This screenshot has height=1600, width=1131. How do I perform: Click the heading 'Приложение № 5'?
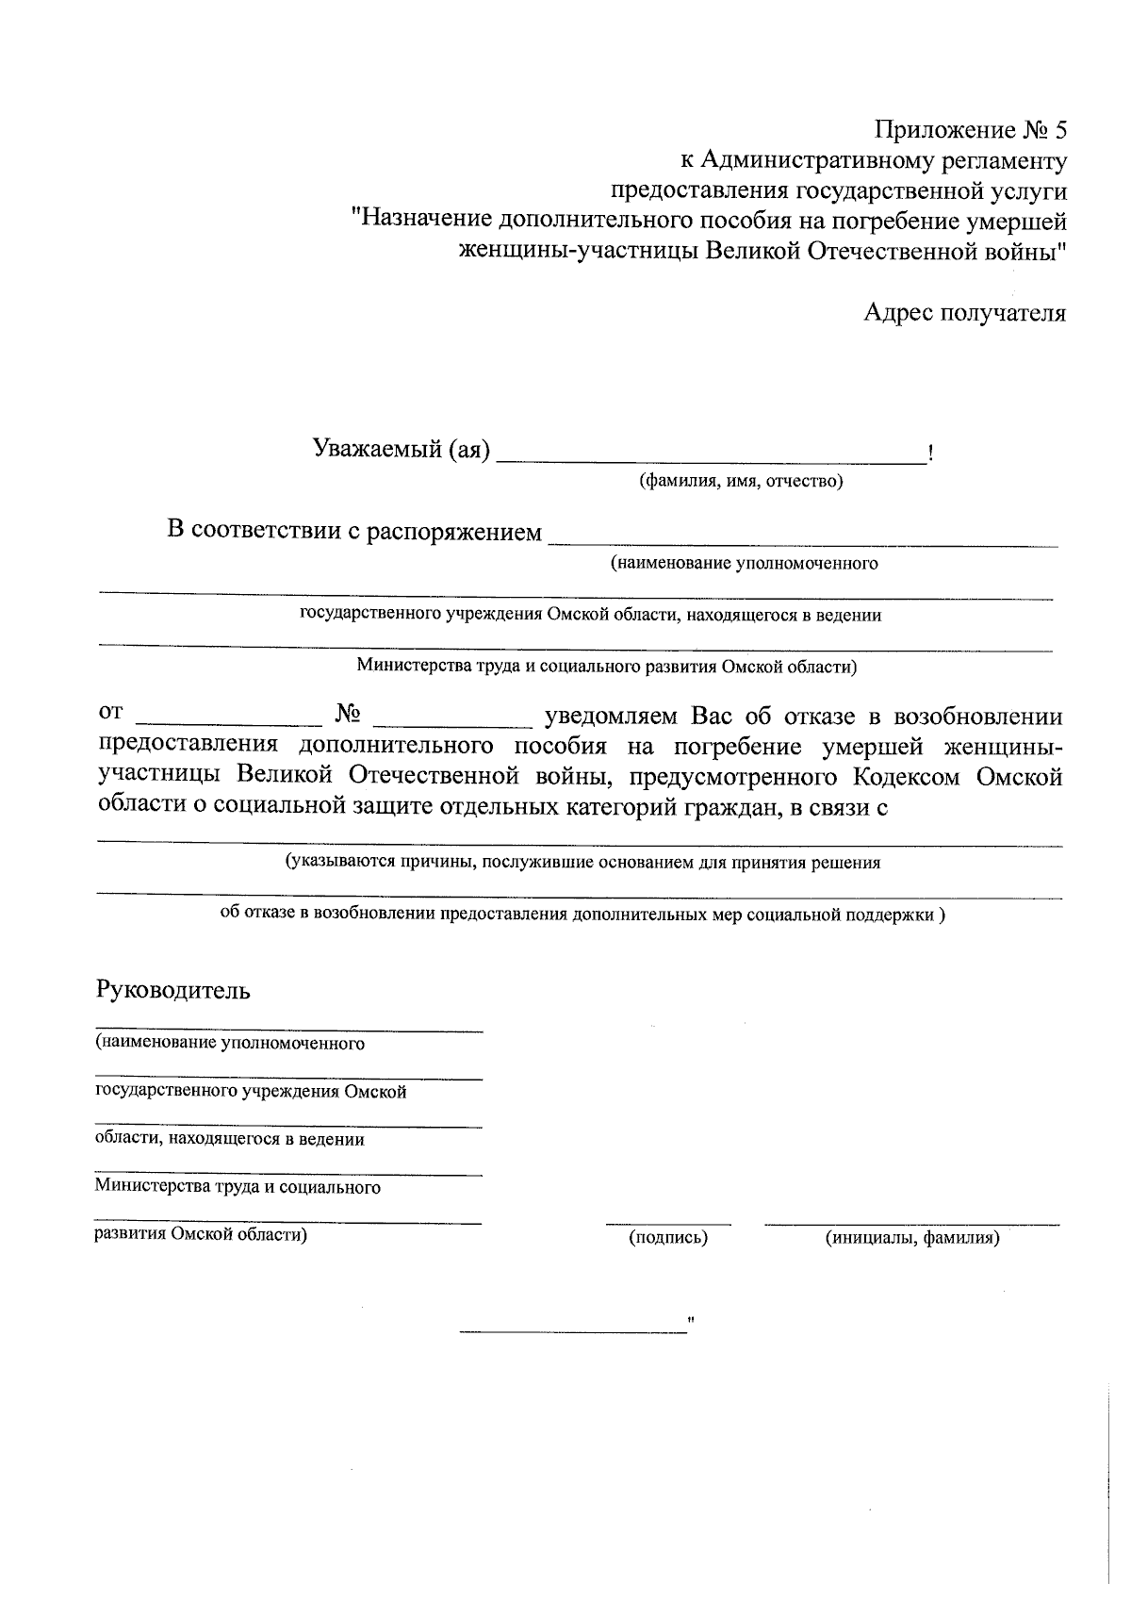point(970,130)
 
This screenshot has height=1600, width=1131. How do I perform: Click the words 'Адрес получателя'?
point(964,313)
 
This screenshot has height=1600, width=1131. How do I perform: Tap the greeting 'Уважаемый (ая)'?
point(402,450)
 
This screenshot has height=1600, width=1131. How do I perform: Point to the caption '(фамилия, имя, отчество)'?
point(741,483)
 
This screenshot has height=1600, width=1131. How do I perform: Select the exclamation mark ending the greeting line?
point(930,454)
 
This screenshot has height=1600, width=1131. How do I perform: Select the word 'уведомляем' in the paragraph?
point(611,716)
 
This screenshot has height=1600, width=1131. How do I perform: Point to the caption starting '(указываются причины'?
point(583,862)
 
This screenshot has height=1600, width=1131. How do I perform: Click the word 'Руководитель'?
point(173,991)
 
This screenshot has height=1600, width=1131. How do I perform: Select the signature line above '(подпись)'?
point(667,1224)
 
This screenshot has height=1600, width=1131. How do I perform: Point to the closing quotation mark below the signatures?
point(692,1321)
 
